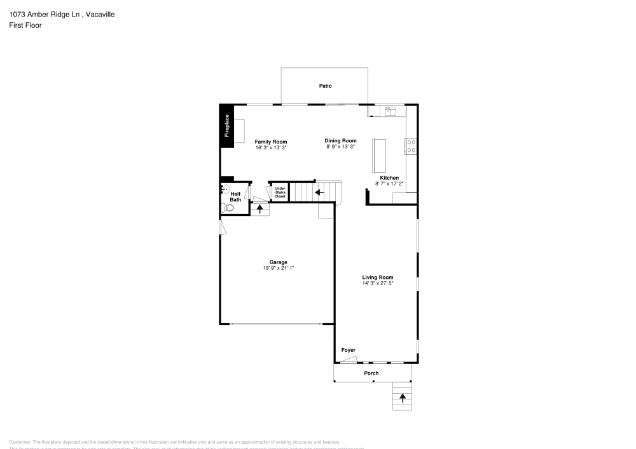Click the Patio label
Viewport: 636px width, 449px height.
coord(325,86)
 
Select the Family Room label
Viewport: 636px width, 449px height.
coord(271,142)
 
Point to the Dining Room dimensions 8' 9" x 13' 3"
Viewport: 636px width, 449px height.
coord(340,147)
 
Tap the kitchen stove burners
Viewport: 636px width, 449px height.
coord(411,147)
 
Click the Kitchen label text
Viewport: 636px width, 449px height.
coord(389,178)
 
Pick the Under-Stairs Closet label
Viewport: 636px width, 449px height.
coord(280,192)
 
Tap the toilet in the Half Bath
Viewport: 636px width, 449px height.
coord(229,208)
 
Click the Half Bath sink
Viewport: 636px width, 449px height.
coord(225,189)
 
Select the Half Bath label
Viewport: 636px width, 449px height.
coord(235,197)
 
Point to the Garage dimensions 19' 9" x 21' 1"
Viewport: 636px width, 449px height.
coord(278,268)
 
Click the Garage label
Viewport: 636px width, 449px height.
coord(278,262)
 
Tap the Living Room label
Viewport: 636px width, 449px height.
coord(378,277)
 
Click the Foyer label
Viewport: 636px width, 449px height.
coord(348,350)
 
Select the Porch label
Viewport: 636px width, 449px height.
coord(371,373)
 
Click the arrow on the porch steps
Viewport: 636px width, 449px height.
coord(402,398)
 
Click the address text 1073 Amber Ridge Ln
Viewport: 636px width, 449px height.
coord(44,14)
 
